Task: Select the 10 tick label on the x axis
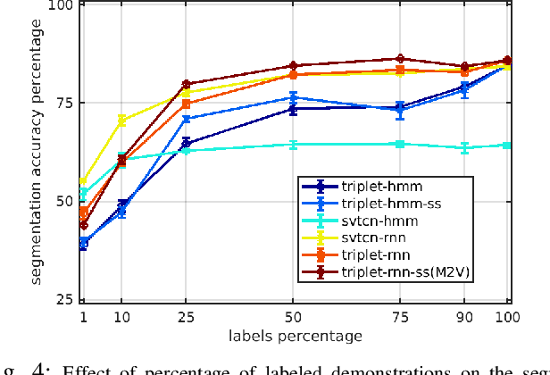click(x=121, y=318)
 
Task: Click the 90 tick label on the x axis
click(x=464, y=318)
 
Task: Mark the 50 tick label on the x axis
click(x=293, y=318)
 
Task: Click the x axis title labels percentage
click(x=296, y=336)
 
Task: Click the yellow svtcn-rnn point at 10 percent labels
click(x=121, y=120)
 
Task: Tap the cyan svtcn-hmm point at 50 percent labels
click(x=293, y=144)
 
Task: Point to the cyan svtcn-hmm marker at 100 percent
click(x=507, y=145)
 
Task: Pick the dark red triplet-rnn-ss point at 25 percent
click(x=186, y=84)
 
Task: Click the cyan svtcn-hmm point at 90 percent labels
click(x=464, y=147)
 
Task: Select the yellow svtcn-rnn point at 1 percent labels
click(x=83, y=182)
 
